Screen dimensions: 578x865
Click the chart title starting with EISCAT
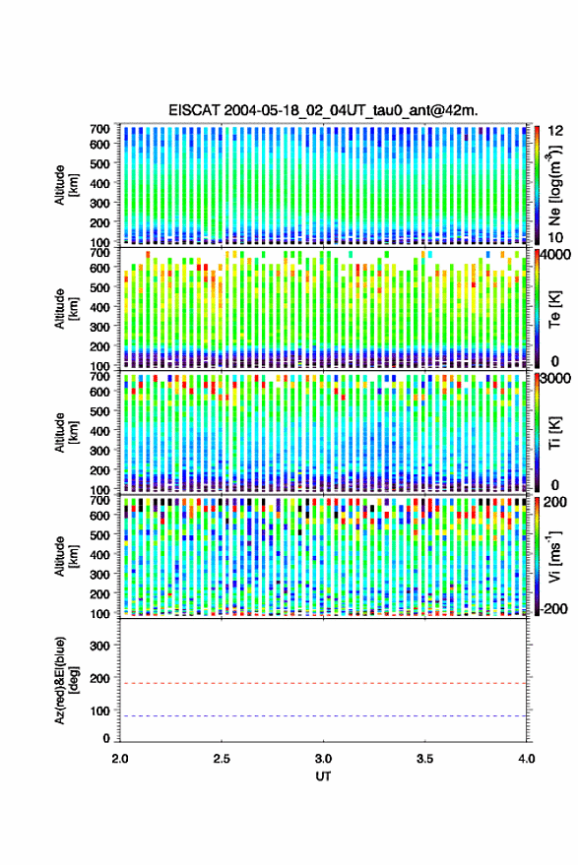(x=323, y=110)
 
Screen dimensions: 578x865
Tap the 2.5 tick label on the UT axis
(x=222, y=759)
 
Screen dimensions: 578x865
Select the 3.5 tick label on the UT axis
(x=424, y=759)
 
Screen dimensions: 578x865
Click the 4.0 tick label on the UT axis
(x=527, y=759)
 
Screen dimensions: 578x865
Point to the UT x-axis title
(x=323, y=776)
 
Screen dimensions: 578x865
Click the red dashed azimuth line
(x=323, y=683)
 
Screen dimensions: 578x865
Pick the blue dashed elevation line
(x=323, y=716)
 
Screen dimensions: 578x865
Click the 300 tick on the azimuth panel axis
(x=99, y=646)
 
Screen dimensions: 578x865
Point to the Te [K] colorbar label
(x=554, y=309)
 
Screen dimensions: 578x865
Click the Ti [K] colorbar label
(x=554, y=433)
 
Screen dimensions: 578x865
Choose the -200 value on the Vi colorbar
(x=554, y=608)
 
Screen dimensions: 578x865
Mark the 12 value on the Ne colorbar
(x=556, y=131)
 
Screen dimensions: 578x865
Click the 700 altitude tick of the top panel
(x=99, y=129)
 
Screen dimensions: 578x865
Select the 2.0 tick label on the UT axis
(x=120, y=759)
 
